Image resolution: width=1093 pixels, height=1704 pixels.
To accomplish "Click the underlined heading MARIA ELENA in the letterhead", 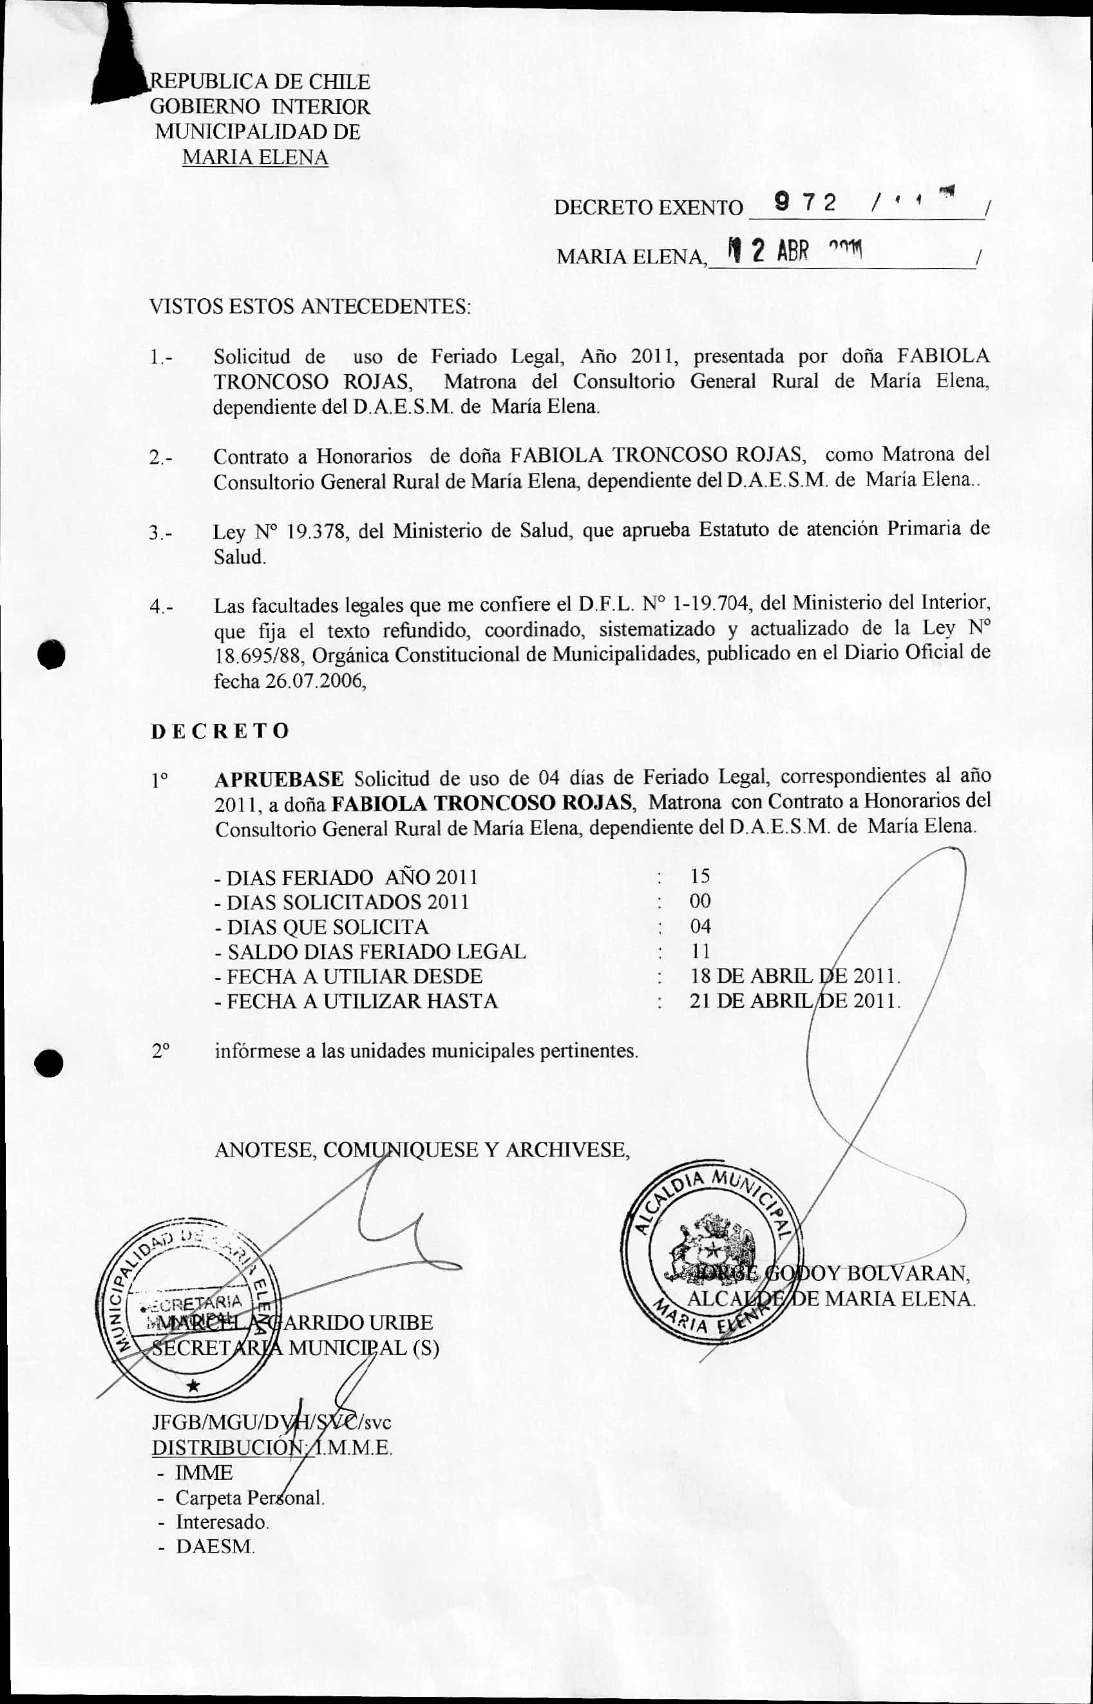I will pos(255,157).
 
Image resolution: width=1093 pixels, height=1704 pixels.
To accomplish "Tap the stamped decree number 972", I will pos(805,204).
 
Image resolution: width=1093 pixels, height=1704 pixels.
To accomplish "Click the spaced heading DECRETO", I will pos(220,731).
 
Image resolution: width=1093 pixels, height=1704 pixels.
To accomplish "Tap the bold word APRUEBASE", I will pos(279,779).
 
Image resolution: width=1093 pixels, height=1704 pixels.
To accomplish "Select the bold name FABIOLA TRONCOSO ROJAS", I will pos(482,804).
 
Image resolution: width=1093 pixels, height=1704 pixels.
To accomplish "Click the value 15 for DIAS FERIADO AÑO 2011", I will pos(700,876).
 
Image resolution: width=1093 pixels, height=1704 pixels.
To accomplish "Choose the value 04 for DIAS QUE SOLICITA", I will pos(700,926).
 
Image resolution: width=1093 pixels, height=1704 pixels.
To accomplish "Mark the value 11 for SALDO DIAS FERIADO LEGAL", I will pos(700,951).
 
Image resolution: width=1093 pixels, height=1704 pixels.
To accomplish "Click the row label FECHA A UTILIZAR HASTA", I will pos(362,1001).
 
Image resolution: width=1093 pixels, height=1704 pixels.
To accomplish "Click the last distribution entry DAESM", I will pos(215,1546).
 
